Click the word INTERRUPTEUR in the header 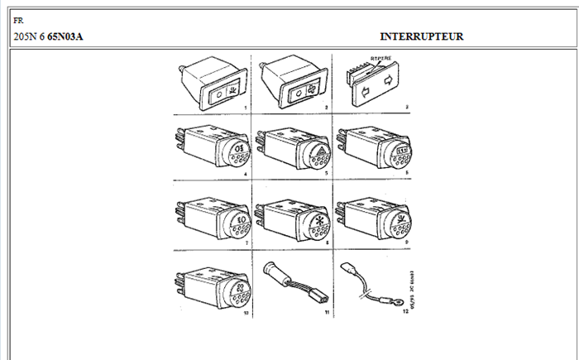pos(421,37)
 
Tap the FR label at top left pos(19,19)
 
